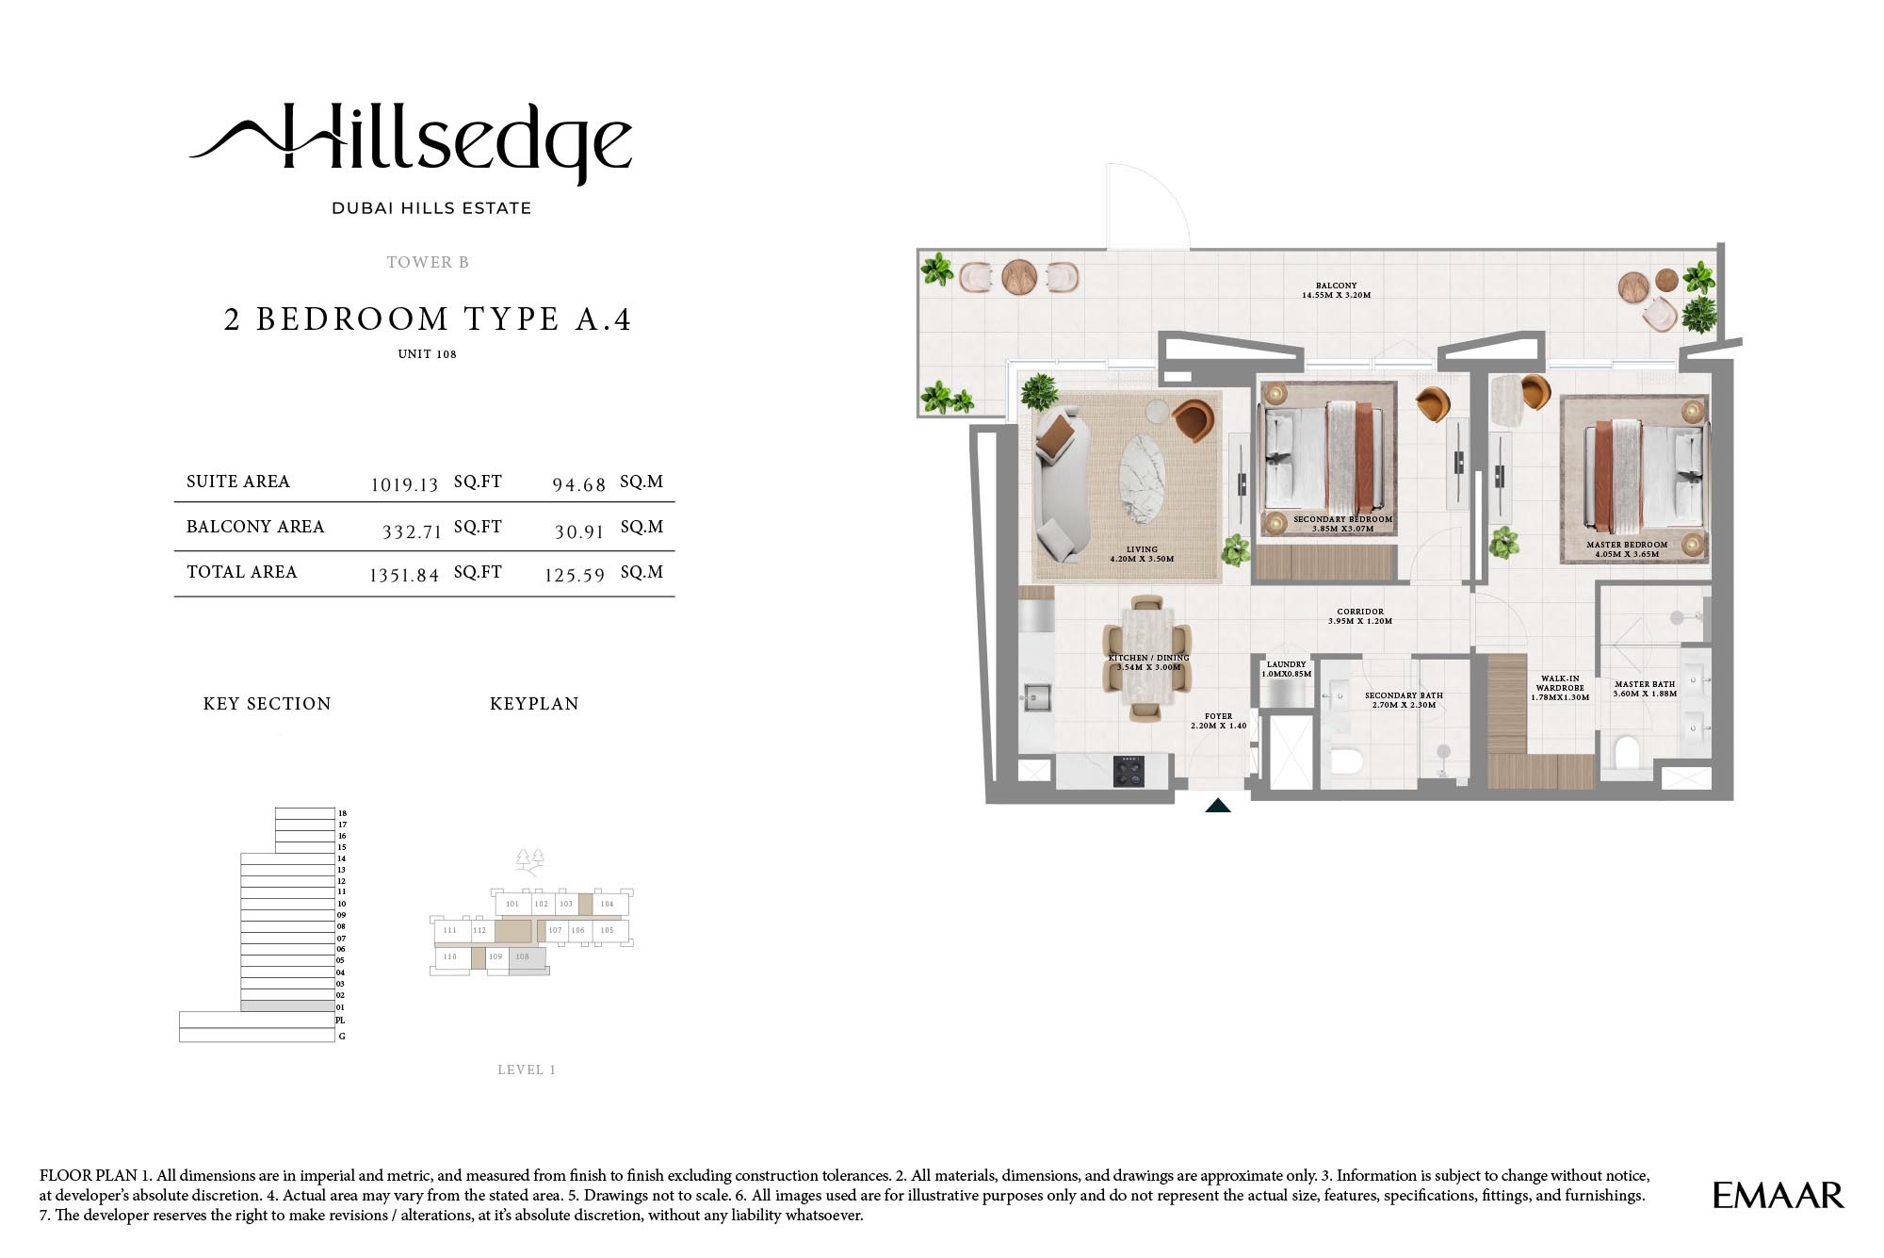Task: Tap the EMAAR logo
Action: point(1778,1196)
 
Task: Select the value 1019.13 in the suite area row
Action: point(404,484)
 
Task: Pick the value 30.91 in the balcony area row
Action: point(578,531)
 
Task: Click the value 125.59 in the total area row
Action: point(574,575)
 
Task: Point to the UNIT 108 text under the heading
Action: point(427,354)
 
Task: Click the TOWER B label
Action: point(428,262)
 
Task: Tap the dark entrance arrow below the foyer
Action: point(1218,806)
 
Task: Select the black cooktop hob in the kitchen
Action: point(1129,772)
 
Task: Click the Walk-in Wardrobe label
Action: point(1561,688)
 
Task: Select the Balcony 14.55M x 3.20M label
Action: point(1336,290)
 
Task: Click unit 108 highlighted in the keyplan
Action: point(524,957)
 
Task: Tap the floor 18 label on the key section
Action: point(342,813)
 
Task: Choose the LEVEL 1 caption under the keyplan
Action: point(527,1070)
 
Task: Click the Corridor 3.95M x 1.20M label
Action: point(1360,616)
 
